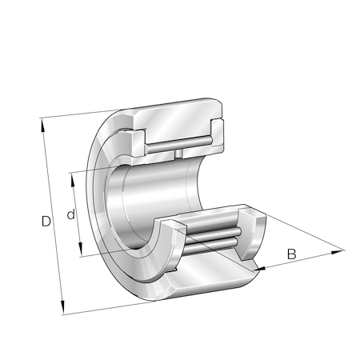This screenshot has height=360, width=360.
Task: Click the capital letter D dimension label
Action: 46,222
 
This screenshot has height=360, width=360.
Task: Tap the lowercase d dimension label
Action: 71,214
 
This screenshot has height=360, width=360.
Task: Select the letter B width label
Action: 291,254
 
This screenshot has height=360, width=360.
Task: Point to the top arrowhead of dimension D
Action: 42,125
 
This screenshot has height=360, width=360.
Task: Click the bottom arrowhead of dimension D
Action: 62,307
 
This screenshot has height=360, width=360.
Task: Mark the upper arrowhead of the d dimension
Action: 73,180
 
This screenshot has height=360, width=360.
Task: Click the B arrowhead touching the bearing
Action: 259,269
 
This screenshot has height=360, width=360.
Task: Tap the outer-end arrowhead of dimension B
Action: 338,252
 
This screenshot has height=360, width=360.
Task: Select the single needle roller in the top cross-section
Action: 179,144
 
